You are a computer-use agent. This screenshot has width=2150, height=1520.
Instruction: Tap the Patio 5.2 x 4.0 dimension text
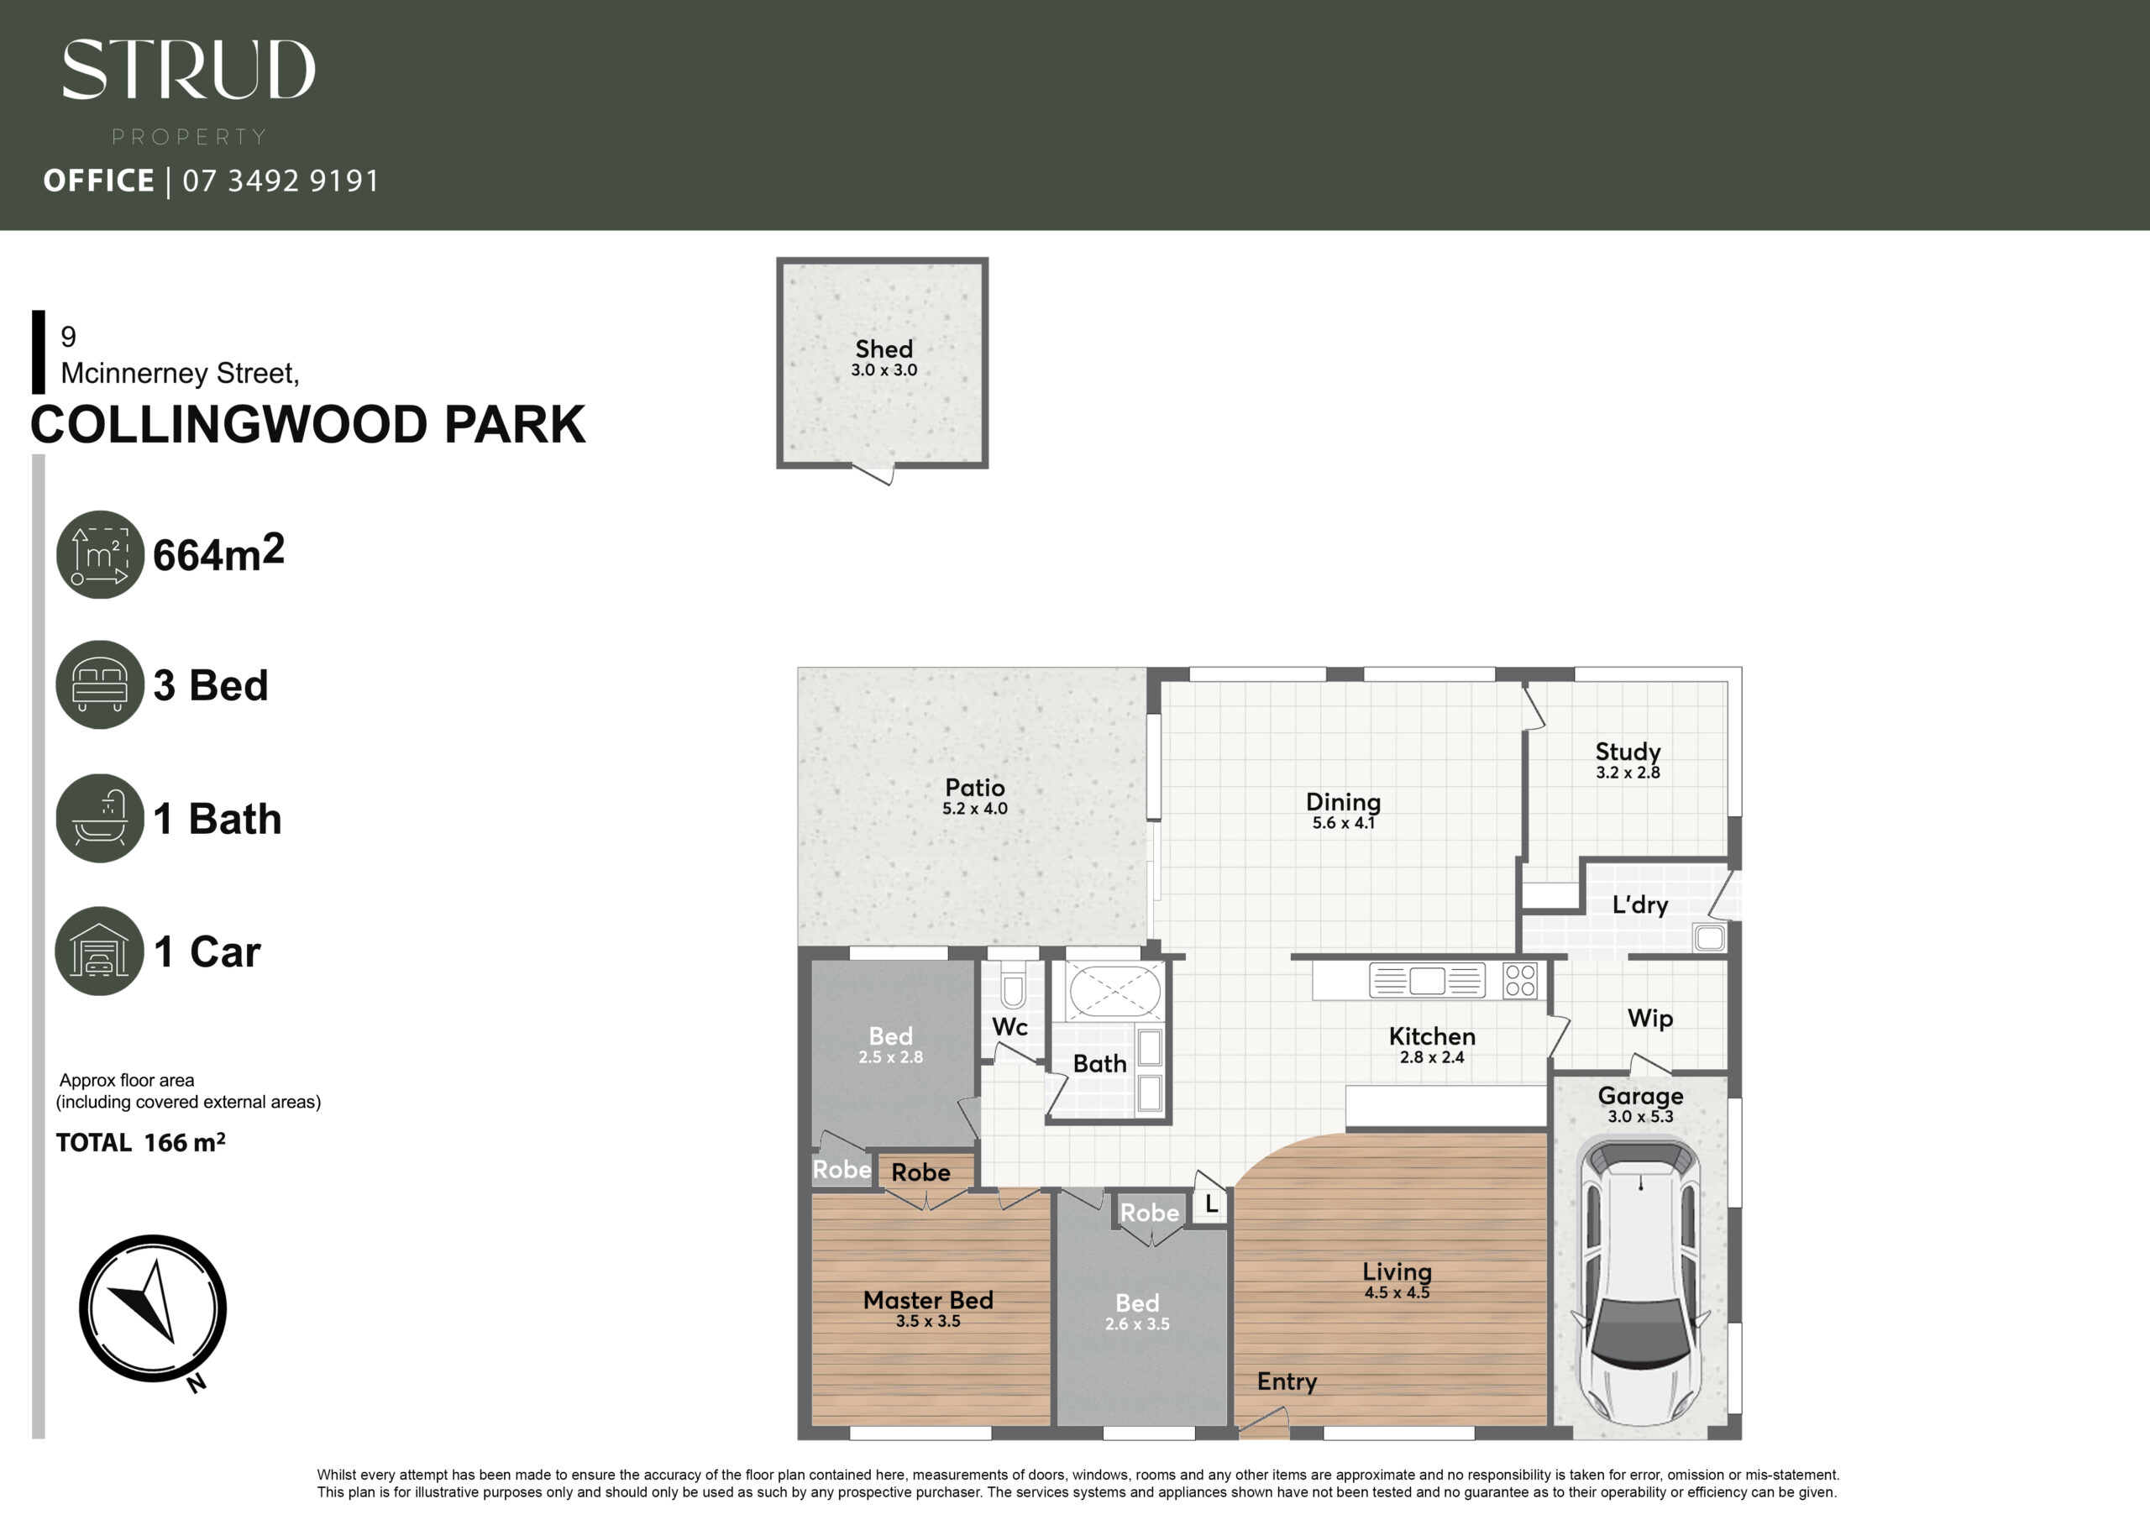[x=975, y=808]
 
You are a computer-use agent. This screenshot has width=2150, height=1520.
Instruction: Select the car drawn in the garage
[x=1639, y=1282]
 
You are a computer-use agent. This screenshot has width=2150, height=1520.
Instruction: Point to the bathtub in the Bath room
[x=1114, y=990]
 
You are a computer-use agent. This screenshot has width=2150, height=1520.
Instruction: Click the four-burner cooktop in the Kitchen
[x=1520, y=981]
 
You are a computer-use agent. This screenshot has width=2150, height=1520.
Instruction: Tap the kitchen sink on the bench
[x=1427, y=981]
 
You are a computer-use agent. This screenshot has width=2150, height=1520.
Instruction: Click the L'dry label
[x=1639, y=904]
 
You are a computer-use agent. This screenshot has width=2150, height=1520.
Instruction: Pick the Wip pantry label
[x=1650, y=1018]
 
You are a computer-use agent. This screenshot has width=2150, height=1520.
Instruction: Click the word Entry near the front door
[x=1287, y=1381]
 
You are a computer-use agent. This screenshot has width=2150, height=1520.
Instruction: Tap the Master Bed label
[x=928, y=1300]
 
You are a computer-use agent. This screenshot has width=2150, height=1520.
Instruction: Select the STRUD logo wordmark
[x=188, y=70]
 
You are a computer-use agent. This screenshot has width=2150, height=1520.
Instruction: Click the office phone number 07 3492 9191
[x=281, y=180]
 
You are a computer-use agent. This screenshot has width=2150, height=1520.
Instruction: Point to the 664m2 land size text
[x=218, y=553]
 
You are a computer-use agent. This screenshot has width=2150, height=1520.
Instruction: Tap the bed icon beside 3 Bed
[x=100, y=684]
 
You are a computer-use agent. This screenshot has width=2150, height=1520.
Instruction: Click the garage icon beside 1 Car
[x=100, y=951]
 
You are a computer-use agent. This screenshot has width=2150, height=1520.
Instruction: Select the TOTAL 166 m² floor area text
[x=140, y=1143]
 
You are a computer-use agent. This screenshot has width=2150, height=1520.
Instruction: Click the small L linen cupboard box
[x=1211, y=1204]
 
